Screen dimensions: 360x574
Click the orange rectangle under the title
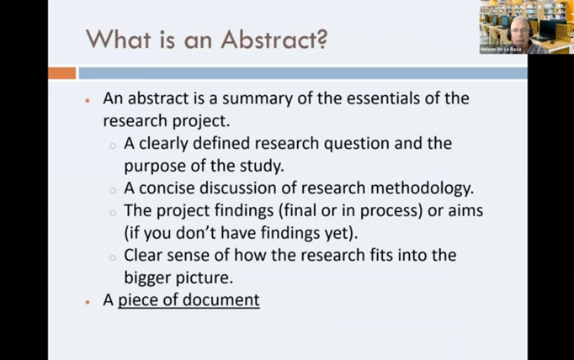coord(61,73)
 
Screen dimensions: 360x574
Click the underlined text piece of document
coord(189,299)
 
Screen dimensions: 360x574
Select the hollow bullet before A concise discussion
coord(113,189)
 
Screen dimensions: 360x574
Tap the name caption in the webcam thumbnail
coord(502,50)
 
